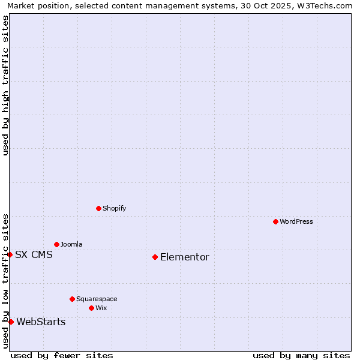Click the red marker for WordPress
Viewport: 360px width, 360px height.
click(x=275, y=221)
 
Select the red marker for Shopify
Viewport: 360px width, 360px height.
click(x=98, y=208)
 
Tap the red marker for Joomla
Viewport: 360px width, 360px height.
click(x=56, y=244)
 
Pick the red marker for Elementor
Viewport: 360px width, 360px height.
click(x=155, y=257)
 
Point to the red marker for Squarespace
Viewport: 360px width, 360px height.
click(x=72, y=299)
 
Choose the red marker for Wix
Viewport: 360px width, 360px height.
click(x=91, y=308)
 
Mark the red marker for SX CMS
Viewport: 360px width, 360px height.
click(x=10, y=254)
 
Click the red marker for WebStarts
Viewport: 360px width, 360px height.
click(x=11, y=322)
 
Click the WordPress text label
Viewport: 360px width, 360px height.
click(x=296, y=221)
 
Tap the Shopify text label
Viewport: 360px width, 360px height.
click(x=115, y=208)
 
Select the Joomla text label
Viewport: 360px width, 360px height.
click(x=71, y=244)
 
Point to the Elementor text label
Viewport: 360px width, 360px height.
click(x=185, y=257)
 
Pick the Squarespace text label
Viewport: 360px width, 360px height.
click(x=97, y=299)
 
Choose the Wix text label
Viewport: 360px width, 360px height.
click(x=101, y=308)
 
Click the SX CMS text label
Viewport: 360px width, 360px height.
click(x=34, y=254)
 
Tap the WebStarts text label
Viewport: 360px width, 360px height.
click(x=41, y=322)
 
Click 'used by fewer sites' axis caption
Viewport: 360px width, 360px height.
click(x=62, y=355)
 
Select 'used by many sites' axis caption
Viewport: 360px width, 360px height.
click(x=301, y=355)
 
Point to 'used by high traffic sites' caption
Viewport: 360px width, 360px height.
click(x=6, y=85)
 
